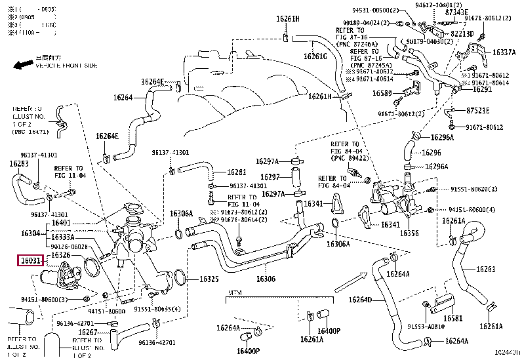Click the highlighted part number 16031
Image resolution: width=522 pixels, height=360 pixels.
[x=30, y=260]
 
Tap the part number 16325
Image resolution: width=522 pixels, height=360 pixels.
[x=209, y=279]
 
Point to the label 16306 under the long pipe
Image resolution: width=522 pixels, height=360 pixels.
[x=266, y=278]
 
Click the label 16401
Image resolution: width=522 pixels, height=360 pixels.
[x=62, y=222]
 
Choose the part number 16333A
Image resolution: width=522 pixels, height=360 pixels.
[x=62, y=237]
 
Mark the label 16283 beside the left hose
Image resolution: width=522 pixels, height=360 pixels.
[x=18, y=163]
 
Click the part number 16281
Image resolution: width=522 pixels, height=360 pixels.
[x=236, y=172]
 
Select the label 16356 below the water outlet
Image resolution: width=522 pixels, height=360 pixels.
[x=409, y=233]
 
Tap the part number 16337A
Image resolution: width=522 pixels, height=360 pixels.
[x=504, y=51]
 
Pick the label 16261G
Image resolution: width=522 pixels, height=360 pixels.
[x=315, y=56]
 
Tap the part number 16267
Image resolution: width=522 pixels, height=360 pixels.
[x=88, y=332]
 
